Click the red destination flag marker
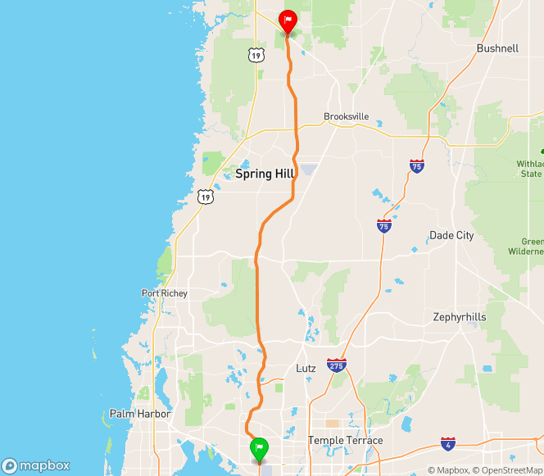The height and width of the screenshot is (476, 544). coord(288,20)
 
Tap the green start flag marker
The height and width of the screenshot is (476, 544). coord(259,448)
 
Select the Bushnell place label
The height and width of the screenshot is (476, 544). coord(497,48)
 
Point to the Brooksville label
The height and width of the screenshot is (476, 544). coord(347,116)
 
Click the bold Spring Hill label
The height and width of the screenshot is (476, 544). coord(264,175)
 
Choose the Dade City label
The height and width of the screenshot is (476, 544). coord(451,235)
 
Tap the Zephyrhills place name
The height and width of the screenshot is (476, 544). coord(460,316)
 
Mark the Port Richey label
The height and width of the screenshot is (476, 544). coord(165,293)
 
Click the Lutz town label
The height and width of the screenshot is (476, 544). coord(306,369)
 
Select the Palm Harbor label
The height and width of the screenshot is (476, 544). coord(140,415)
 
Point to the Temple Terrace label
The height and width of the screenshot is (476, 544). coord(345,441)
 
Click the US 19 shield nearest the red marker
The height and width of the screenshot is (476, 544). coord(257,55)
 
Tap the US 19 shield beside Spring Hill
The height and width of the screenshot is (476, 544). coord(205,197)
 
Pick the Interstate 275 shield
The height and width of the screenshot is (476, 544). coord(335,365)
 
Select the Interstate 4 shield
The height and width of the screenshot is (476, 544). coord(447,443)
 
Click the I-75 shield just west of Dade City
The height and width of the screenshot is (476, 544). coord(384,225)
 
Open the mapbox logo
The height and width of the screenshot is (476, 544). coord(37,465)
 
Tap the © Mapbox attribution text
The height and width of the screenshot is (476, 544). coord(448,470)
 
